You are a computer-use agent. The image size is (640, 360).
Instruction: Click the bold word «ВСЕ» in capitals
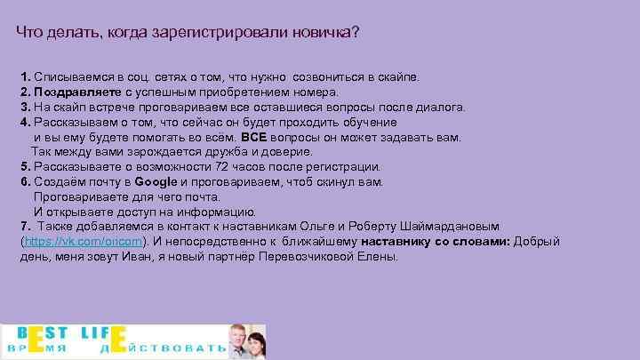[253, 137]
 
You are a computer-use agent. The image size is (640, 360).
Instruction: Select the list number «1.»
[25, 76]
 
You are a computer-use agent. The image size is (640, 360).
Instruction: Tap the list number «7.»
[25, 226]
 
